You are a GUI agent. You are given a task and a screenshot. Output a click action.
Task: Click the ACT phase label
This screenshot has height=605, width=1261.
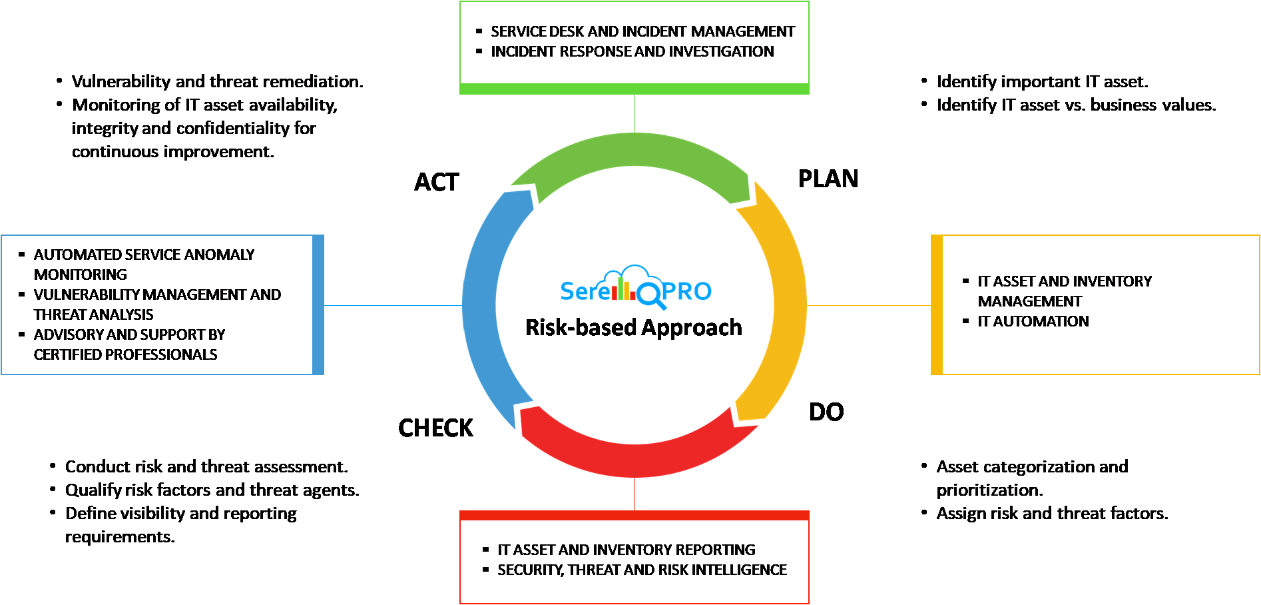pyautogui.click(x=437, y=182)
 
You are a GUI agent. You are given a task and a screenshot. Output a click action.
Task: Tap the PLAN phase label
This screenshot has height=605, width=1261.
pyautogui.click(x=828, y=179)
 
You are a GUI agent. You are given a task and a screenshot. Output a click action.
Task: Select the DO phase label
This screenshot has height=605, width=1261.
pyautogui.click(x=826, y=412)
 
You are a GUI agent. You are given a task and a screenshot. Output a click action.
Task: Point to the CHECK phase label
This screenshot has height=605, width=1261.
pyautogui.click(x=435, y=428)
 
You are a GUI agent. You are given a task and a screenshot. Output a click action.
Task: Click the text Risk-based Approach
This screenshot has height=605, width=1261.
pyautogui.click(x=633, y=327)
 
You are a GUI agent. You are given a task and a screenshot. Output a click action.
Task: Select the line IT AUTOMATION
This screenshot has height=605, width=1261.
pyautogui.click(x=1033, y=321)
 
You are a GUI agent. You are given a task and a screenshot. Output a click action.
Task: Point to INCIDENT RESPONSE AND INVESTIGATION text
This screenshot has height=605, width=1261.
pyautogui.click(x=632, y=51)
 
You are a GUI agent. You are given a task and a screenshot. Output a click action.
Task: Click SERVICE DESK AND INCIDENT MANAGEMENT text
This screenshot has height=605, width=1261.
pyautogui.click(x=642, y=31)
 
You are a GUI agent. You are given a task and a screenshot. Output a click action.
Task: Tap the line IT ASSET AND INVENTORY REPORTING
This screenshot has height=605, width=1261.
pyautogui.click(x=626, y=550)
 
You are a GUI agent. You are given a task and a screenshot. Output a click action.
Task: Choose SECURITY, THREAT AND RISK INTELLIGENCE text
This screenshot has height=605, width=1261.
pyautogui.click(x=642, y=570)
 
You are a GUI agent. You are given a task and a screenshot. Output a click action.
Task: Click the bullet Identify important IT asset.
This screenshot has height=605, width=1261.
pyautogui.click(x=1042, y=81)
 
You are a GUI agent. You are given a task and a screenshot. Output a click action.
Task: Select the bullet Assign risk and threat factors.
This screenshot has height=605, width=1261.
pyautogui.click(x=1052, y=513)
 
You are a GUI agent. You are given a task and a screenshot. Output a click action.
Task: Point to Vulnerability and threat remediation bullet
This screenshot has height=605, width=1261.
pyautogui.click(x=217, y=81)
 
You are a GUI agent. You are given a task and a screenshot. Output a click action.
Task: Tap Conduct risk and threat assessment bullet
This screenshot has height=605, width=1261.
pyautogui.click(x=206, y=466)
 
